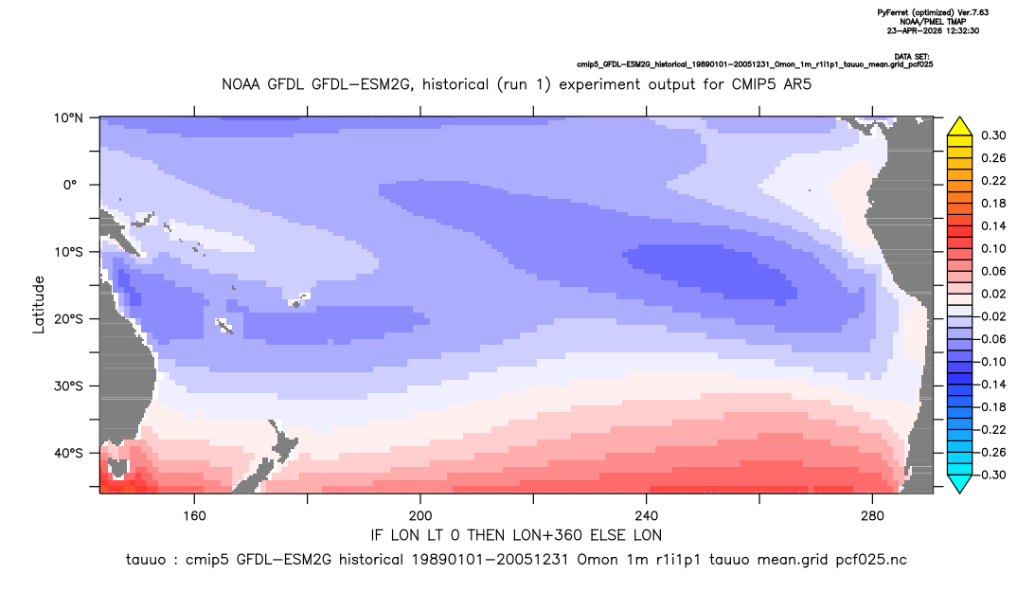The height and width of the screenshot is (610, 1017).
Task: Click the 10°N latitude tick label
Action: coord(68,118)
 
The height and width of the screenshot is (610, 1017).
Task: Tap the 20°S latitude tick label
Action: coord(68,319)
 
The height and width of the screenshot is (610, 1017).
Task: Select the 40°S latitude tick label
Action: coord(68,453)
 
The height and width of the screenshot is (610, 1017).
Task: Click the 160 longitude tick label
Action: coord(194,516)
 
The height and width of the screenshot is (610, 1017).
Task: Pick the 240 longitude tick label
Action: coord(647,516)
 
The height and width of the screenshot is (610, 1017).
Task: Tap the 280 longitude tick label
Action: coord(872,516)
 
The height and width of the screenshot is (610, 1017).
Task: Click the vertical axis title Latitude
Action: coord(39,305)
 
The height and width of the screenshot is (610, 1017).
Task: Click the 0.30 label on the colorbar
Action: coord(993,135)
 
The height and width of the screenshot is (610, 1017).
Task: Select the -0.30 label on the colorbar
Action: coord(991,475)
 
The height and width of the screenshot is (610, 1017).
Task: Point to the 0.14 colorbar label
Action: coord(993,225)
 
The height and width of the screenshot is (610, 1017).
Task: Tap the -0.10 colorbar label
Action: coord(991,362)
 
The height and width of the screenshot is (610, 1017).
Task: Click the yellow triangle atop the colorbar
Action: coord(959,127)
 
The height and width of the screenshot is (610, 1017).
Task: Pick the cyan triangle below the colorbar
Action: coord(959,483)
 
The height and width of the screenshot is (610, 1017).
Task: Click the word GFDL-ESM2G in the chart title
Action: coord(362,84)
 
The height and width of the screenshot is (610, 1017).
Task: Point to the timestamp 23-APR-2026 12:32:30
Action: coord(934,30)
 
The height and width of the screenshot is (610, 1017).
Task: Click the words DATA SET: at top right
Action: coord(912,57)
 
